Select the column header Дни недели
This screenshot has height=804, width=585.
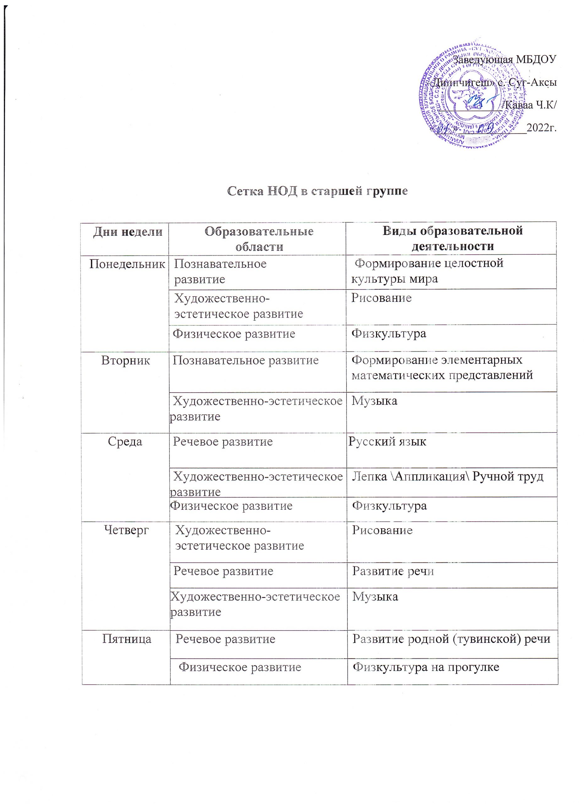[x=128, y=232]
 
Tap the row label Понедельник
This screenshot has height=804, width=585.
[x=127, y=264]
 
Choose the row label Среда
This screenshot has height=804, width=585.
[x=125, y=442]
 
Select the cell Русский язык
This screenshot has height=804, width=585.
[x=387, y=442]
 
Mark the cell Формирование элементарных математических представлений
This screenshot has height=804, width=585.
[x=442, y=368]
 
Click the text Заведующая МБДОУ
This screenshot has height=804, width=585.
[x=505, y=59]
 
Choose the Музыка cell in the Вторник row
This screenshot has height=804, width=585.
[x=374, y=401]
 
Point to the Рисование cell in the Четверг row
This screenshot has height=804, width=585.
[x=382, y=530]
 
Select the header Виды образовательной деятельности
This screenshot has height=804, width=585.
[x=452, y=238]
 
